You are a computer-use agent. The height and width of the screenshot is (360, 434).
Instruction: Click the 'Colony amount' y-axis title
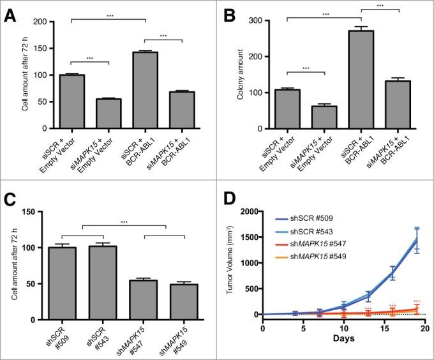[246, 73]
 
